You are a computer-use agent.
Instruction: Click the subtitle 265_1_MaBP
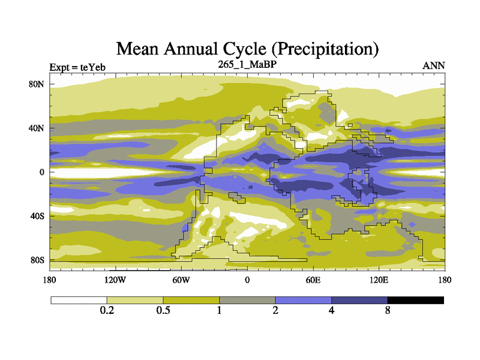tap(247, 64)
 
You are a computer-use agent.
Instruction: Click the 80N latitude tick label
tap(37, 84)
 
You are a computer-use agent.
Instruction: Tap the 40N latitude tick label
tap(37, 128)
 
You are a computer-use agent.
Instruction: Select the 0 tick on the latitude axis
tap(42, 172)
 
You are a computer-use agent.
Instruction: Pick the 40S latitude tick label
tap(37, 216)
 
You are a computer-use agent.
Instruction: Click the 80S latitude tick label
tap(37, 260)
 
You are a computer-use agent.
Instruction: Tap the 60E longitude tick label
tap(313, 280)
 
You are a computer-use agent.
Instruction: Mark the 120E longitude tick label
tap(379, 280)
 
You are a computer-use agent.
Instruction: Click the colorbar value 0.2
tap(107, 311)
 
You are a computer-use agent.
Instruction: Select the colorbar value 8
tap(388, 311)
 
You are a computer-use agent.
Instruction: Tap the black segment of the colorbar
tap(416, 300)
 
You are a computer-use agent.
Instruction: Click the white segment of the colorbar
tap(79, 300)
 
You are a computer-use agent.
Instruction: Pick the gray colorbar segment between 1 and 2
tap(247, 300)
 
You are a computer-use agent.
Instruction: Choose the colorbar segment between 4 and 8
tap(359, 300)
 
